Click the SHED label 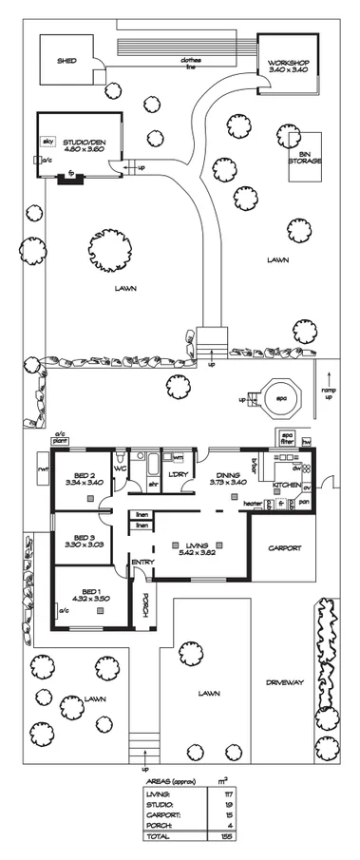pyautogui.click(x=66, y=59)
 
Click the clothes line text pyautogui.click(x=193, y=64)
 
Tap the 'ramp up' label pyautogui.click(x=328, y=392)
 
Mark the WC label pyautogui.click(x=121, y=469)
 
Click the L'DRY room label pyautogui.click(x=179, y=474)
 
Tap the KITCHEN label pyautogui.click(x=287, y=486)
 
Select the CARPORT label pyautogui.click(x=284, y=548)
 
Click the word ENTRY pyautogui.click(x=142, y=563)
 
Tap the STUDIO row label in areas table pyautogui.click(x=159, y=803)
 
